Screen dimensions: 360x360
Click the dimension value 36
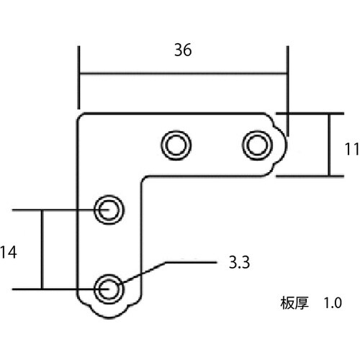coord(183,50)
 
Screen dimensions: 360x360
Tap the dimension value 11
coord(351,149)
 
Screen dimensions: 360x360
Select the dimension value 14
coord(9,252)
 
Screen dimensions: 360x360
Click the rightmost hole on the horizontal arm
coord(254,145)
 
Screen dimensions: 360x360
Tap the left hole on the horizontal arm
coord(176,145)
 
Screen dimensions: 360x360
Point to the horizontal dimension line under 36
coord(183,73)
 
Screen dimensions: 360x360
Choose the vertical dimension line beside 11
coord(329,145)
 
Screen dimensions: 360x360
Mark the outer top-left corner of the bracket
coord(81,116)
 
